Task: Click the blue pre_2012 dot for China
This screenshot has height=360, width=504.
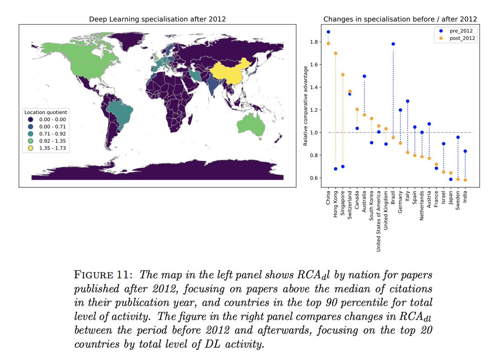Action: click(328, 32)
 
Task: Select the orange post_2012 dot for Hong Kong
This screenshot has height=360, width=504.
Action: click(336, 53)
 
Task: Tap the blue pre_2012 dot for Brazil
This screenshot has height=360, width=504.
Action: click(393, 44)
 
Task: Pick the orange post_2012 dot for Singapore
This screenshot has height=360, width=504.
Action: click(343, 75)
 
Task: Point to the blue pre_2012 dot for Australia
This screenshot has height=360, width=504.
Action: click(364, 76)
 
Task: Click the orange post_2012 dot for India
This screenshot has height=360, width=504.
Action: click(465, 180)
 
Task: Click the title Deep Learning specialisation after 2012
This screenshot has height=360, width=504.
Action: click(157, 19)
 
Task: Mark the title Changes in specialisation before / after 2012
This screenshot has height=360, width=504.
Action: click(400, 19)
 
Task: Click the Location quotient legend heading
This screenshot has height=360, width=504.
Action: click(45, 112)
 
